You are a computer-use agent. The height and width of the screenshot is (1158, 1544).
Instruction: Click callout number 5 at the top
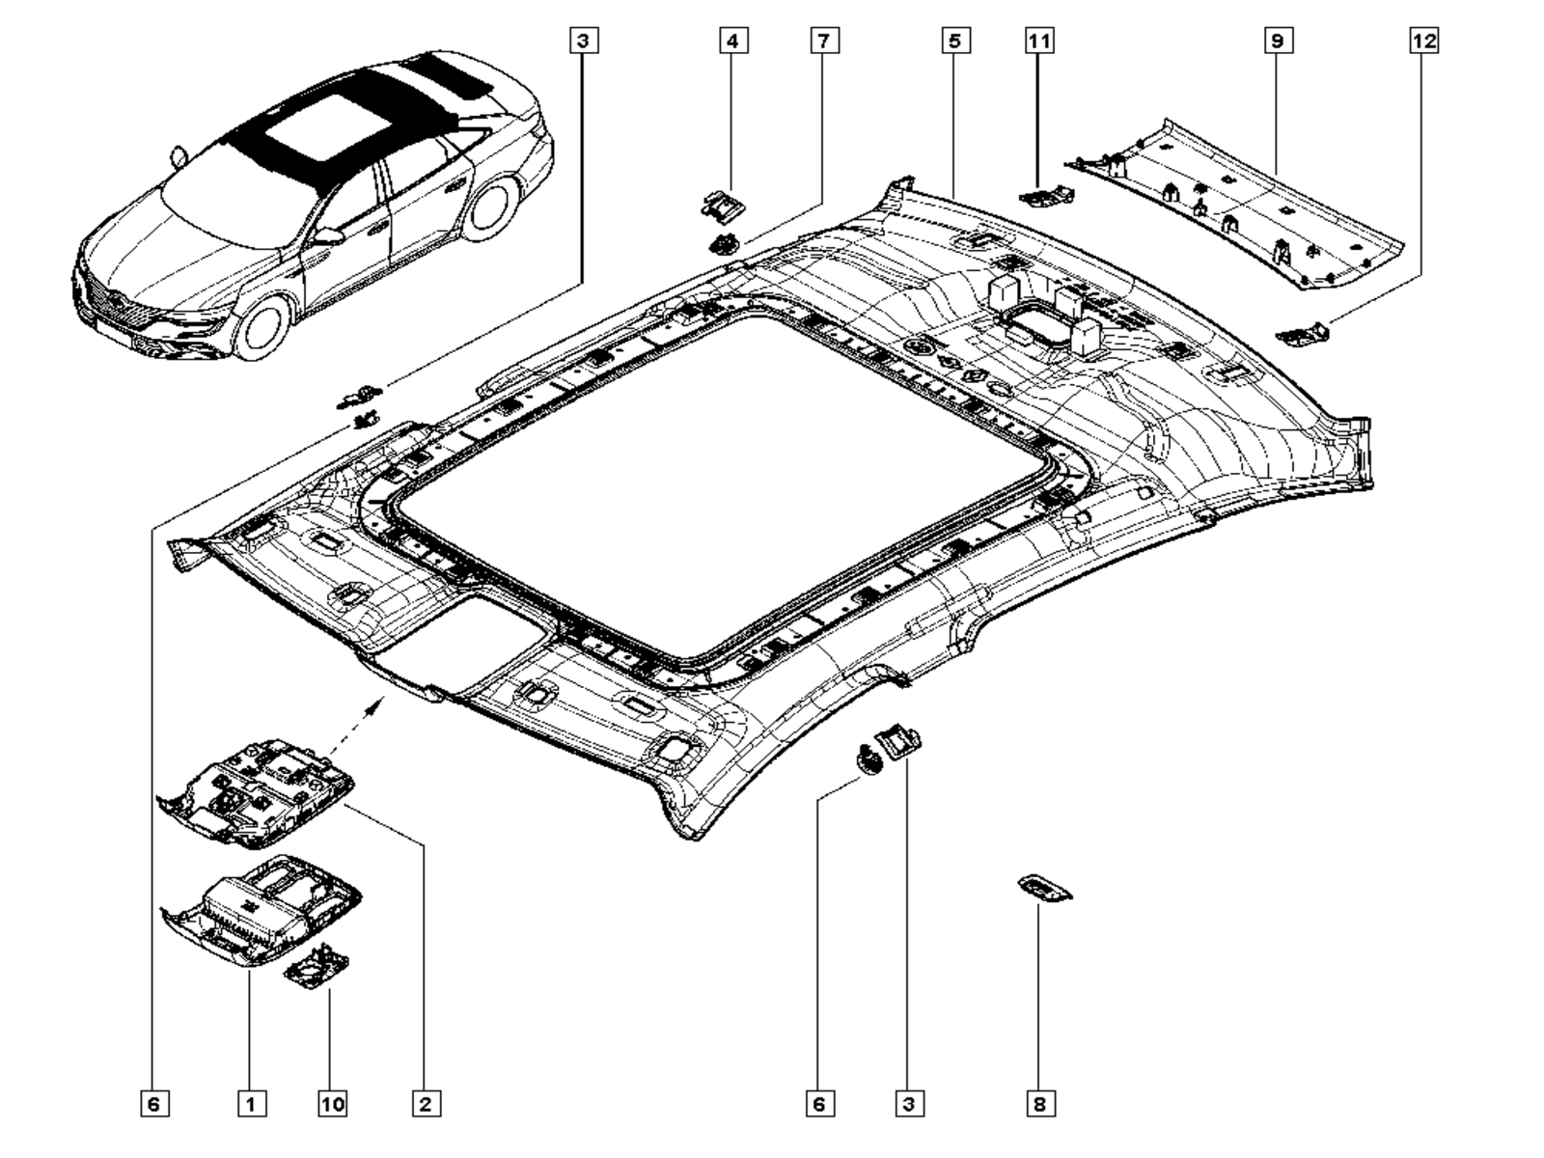click(x=953, y=41)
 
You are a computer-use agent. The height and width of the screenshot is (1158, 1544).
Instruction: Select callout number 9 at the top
click(x=1277, y=41)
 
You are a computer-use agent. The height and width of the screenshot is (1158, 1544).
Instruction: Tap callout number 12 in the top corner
click(x=1423, y=41)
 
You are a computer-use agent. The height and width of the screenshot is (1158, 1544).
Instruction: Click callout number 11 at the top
click(x=1039, y=41)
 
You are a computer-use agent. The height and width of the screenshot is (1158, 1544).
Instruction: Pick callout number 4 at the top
click(x=732, y=41)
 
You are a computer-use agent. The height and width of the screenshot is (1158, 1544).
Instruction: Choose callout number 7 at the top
click(x=824, y=41)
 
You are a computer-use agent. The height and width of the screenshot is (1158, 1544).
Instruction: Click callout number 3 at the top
click(x=584, y=41)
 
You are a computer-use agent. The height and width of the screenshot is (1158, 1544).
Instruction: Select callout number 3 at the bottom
click(x=908, y=1103)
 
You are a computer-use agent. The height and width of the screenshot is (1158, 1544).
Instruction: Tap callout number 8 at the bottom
click(x=1039, y=1103)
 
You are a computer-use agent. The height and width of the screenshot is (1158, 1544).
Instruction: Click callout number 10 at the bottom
click(x=332, y=1103)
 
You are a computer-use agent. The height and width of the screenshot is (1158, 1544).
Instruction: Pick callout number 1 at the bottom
click(x=251, y=1103)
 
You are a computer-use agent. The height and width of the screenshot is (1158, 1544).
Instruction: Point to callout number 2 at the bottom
click(x=426, y=1103)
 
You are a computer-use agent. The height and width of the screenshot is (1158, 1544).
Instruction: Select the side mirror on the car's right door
click(x=328, y=236)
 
